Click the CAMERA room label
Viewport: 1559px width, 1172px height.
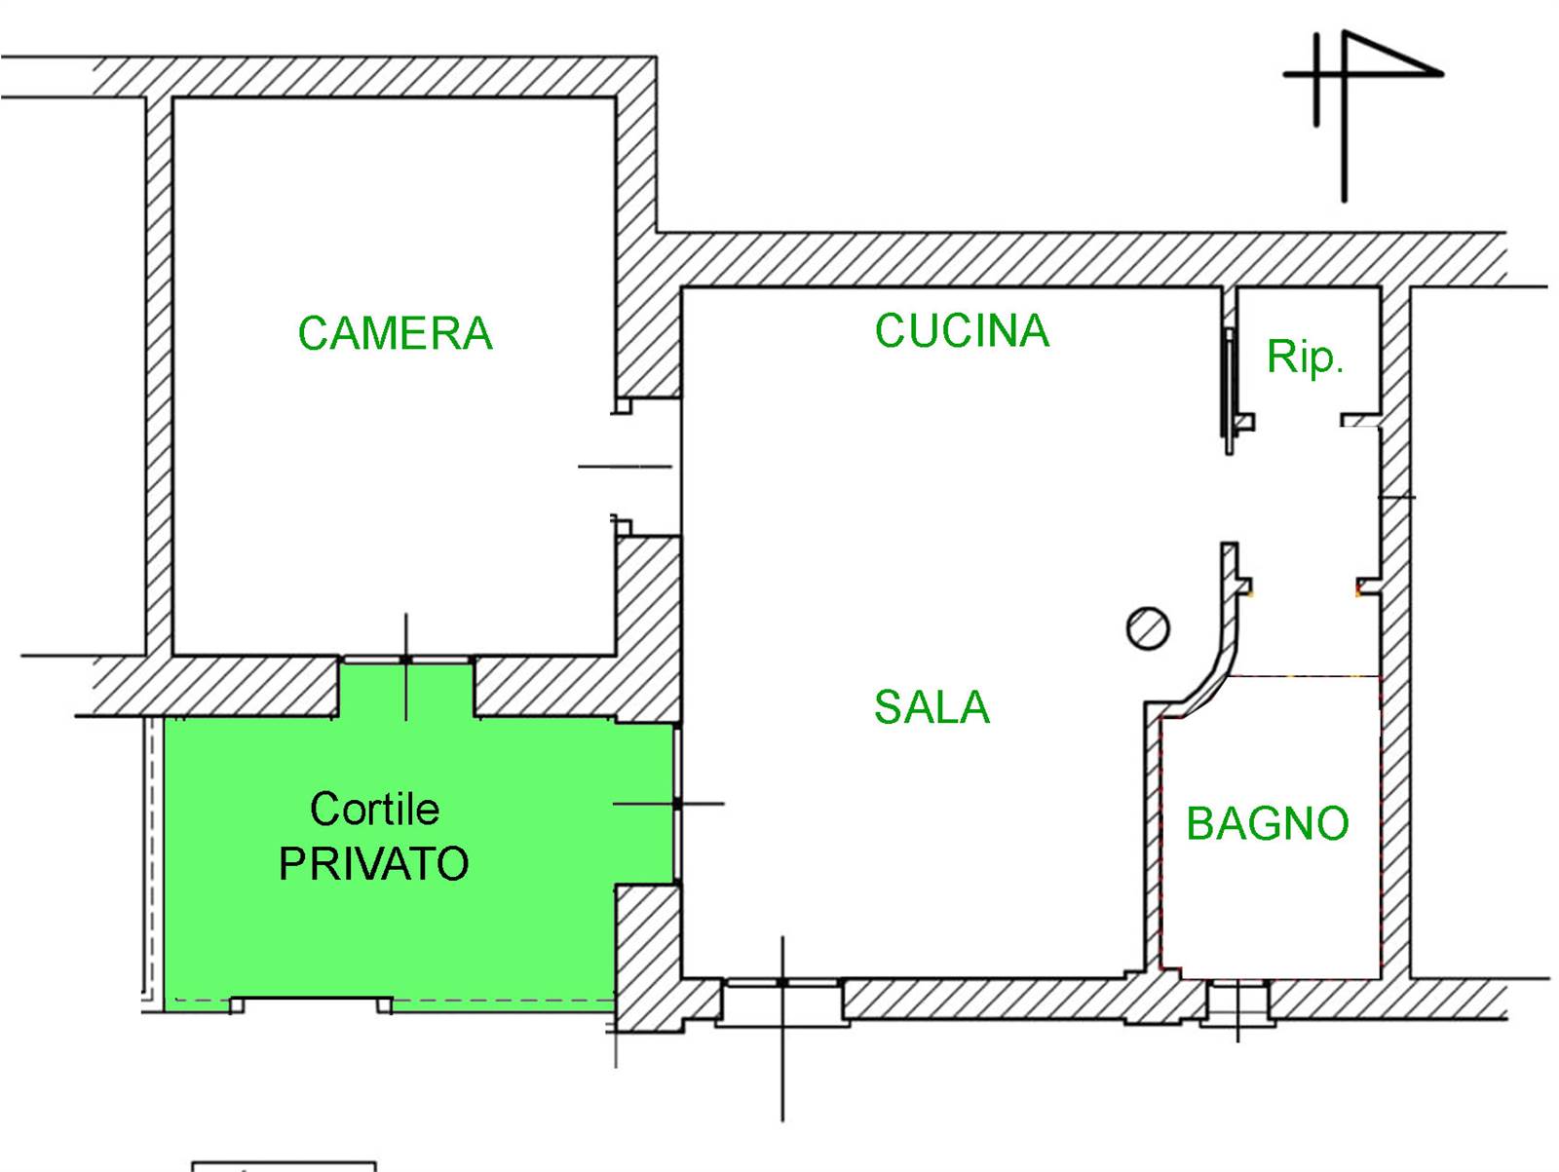point(395,334)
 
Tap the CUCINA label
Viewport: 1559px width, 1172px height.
point(962,331)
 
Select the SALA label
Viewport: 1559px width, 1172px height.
point(932,707)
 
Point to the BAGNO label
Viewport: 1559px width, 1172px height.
point(1267,824)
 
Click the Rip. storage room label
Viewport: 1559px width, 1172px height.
point(1305,358)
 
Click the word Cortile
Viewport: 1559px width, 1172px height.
point(374,809)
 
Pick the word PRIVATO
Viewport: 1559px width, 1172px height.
point(374,864)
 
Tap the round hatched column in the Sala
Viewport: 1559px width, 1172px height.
point(1148,628)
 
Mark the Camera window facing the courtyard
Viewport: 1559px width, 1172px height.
point(406,661)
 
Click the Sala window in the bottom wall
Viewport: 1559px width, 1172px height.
point(782,984)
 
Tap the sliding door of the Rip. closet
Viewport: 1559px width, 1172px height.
point(1230,390)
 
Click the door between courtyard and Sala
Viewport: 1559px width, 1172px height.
point(676,804)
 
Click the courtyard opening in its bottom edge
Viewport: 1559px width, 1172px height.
point(311,1003)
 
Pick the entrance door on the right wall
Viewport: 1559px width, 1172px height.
point(1382,497)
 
